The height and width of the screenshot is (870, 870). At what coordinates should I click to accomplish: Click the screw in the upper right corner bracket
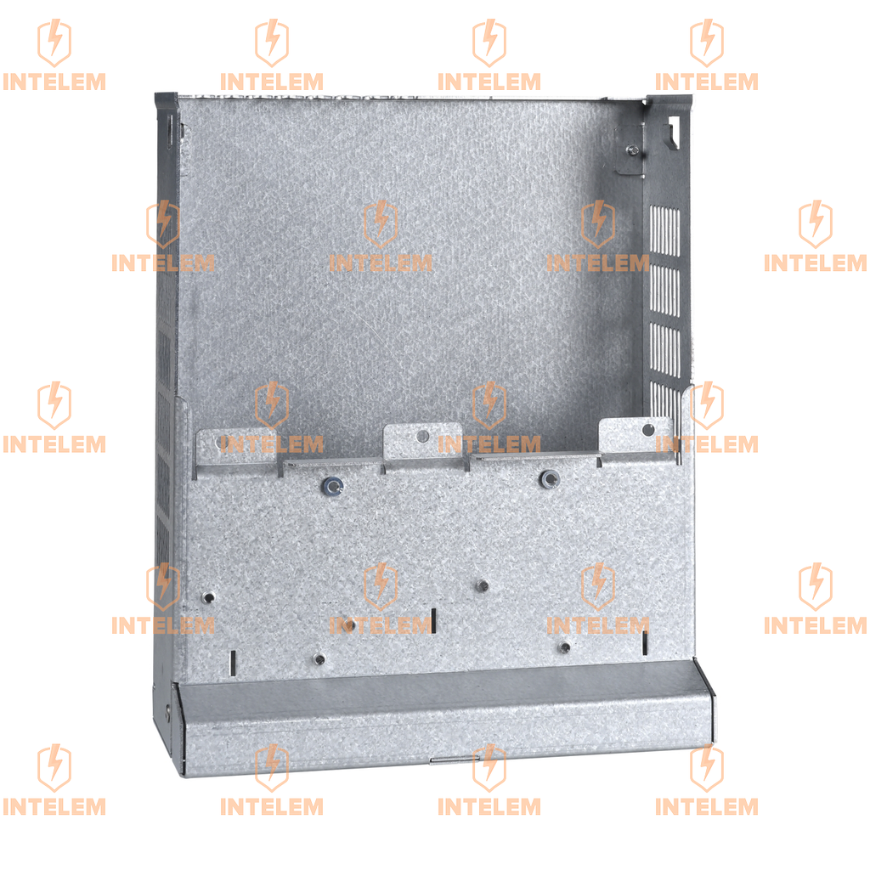point(632,150)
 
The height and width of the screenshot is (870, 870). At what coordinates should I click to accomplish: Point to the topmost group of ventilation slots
point(664,231)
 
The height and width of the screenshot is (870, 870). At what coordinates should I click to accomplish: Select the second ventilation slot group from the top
point(664,291)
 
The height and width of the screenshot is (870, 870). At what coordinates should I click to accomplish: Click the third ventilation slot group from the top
point(664,350)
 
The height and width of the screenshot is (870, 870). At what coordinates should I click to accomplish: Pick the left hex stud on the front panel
point(332,487)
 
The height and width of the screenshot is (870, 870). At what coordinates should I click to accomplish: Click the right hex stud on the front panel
point(550,478)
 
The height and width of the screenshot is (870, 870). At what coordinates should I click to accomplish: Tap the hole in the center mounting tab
point(423,436)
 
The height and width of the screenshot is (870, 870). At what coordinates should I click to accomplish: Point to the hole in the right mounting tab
point(647,430)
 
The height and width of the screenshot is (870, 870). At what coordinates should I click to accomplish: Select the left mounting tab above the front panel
point(236,446)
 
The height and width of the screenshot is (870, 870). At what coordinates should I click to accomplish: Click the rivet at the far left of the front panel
point(208,597)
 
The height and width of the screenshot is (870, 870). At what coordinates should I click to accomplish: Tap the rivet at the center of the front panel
point(483,585)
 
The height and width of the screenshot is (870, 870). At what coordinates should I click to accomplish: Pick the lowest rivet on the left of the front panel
point(319,658)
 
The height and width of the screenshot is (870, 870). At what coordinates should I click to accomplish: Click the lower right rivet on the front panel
point(564,647)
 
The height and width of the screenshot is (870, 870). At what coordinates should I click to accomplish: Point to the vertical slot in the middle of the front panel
point(433,620)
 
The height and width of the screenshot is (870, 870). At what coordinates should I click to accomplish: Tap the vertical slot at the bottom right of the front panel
point(645,643)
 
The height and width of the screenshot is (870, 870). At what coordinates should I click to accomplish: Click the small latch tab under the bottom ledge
point(449,760)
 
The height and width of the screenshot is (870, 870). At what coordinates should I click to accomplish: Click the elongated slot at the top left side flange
point(170,130)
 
